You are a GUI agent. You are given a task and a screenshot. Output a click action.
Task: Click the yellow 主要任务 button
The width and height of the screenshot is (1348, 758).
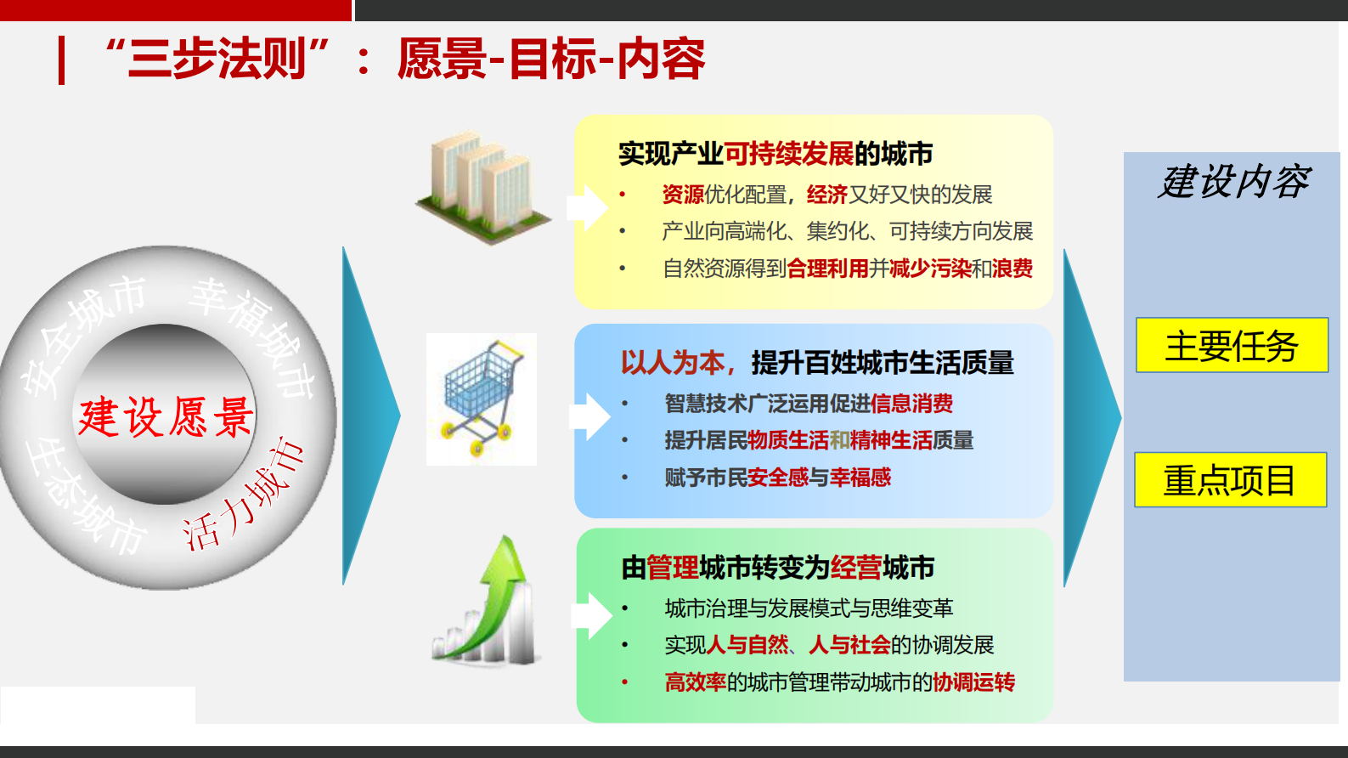[1232, 345]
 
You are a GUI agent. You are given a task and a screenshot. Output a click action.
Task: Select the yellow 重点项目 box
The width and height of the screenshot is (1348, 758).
[1230, 480]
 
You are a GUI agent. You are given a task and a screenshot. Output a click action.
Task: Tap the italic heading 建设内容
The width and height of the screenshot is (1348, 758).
[1234, 182]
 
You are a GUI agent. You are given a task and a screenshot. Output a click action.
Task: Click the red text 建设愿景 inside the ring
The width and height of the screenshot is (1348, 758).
[166, 417]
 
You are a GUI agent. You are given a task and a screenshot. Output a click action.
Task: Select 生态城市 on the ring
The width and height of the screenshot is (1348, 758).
[85, 497]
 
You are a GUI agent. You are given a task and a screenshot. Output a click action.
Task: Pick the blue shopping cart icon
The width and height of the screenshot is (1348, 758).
[482, 399]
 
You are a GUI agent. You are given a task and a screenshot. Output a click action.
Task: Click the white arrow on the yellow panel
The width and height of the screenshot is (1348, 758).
[587, 207]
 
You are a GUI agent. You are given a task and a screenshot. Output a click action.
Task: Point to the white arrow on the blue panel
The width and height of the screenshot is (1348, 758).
[589, 416]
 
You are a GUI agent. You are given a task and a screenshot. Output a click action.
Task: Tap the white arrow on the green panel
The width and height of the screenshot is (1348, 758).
[591, 615]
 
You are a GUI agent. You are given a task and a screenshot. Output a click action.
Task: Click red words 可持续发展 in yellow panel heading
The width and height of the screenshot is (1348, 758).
[789, 154]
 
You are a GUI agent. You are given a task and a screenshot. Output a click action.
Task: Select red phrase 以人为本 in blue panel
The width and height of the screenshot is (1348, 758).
[673, 363]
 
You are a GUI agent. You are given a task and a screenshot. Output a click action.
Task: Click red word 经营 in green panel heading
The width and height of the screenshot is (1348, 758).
[856, 567]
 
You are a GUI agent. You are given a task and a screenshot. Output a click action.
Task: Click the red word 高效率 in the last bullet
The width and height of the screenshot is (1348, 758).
[695, 682]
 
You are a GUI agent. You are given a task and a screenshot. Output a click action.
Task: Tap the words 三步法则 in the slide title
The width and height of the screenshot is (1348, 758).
[217, 59]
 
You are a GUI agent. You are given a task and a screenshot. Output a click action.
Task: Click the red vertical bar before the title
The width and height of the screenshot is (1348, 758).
[61, 60]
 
